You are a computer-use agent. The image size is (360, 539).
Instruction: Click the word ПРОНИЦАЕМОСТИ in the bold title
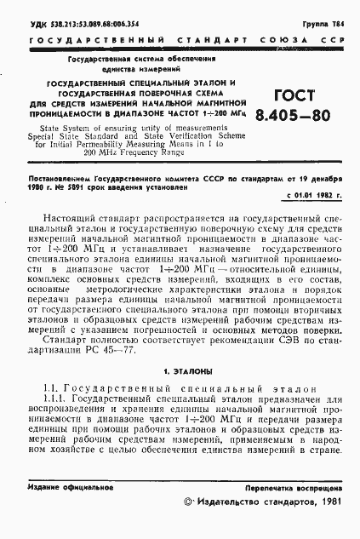coord(71,112)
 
